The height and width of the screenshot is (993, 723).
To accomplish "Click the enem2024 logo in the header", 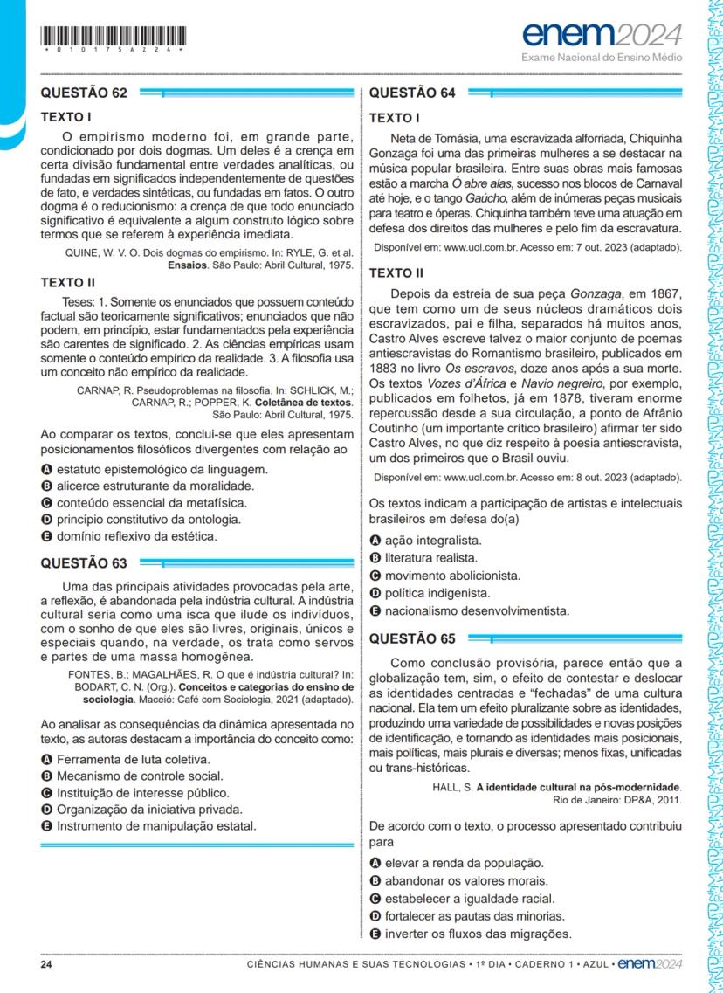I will pyautogui.click(x=602, y=36).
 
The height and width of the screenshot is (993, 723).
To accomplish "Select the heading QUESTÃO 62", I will pyautogui.click(x=84, y=93).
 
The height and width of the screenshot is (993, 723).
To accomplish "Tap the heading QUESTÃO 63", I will pyautogui.click(x=84, y=563).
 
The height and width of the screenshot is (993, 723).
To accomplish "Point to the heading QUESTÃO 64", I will pyautogui.click(x=413, y=93).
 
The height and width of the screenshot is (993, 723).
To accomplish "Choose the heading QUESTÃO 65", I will pyautogui.click(x=413, y=638).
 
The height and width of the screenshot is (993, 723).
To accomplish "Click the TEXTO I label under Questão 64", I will pyautogui.click(x=396, y=118).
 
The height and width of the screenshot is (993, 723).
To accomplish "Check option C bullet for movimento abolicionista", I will pyautogui.click(x=376, y=576).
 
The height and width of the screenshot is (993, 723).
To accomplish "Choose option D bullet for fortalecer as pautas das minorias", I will pyautogui.click(x=376, y=916).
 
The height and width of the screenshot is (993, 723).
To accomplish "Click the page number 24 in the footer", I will pyautogui.click(x=47, y=965).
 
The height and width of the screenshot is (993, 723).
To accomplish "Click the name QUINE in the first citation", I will pyautogui.click(x=86, y=252).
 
